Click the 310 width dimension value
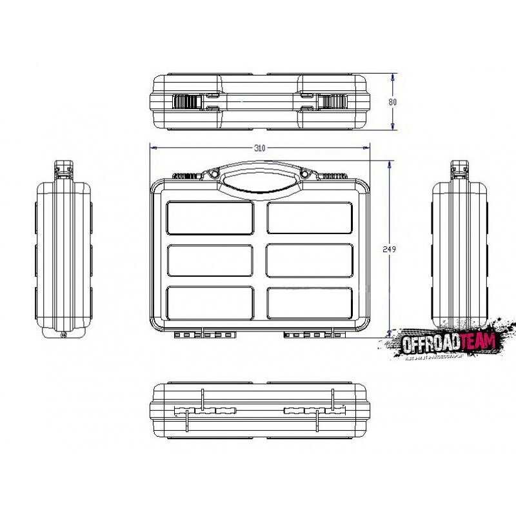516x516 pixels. coord(259,148)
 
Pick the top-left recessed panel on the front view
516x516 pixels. coord(210,217)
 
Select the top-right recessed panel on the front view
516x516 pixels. coord(309,217)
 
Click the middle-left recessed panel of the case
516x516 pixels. coord(210,260)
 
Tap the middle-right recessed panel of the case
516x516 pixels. coord(309,260)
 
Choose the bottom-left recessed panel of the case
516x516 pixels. coord(210,302)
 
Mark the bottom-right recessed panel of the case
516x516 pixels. coord(309,302)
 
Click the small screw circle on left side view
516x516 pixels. coord(63,334)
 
